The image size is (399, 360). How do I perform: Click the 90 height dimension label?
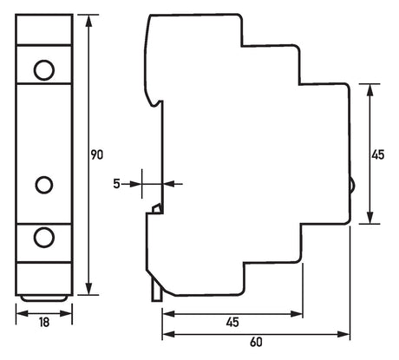point(97,155)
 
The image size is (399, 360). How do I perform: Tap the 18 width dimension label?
point(44,323)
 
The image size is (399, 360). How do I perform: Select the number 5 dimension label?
point(116,184)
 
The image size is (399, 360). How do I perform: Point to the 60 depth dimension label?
point(256,342)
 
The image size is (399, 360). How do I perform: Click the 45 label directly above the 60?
point(232,322)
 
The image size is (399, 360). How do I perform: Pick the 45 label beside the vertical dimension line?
point(378,154)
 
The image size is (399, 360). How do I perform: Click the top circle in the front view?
point(44,70)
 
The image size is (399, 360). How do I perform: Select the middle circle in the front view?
point(44,185)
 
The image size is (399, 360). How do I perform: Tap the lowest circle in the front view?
point(44,238)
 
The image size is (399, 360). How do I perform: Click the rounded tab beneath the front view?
point(44,298)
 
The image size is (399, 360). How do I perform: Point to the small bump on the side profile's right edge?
point(353,185)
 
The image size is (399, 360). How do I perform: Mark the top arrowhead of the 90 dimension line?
point(89,21)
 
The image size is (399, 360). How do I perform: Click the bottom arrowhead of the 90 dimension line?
point(89,289)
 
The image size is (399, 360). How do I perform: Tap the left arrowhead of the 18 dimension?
point(23,313)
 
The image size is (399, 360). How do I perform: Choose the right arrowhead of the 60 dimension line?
point(343,335)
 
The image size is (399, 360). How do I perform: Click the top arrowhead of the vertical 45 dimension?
point(370,90)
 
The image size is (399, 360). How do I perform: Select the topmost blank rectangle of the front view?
point(44,29)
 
